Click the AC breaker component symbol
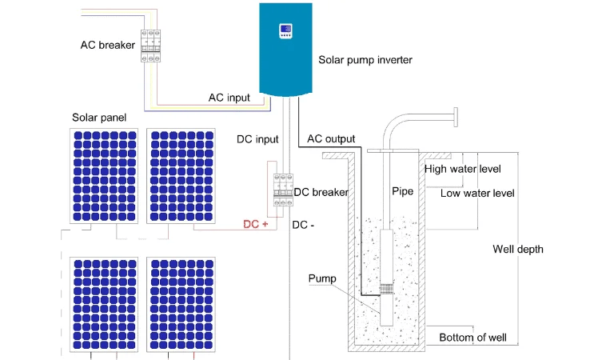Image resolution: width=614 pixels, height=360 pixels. tap(151, 46)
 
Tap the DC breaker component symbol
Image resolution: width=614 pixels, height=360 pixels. tap(283, 190)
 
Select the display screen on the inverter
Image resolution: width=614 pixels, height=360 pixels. tap(285, 30)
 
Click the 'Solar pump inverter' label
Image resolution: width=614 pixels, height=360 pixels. tap(365, 60)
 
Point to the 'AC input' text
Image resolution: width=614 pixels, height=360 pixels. tap(229, 98)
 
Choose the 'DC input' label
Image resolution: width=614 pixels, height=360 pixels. tap(257, 139)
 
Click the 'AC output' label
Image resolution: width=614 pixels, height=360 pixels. tap(331, 138)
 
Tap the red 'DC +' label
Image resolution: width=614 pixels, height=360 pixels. tap(256, 224)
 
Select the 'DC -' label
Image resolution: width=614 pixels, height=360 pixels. tap(303, 225)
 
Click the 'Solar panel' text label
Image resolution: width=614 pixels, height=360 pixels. tap(99, 118)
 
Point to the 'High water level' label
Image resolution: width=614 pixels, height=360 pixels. tap(462, 170)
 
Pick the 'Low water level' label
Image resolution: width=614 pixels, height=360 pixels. tap(477, 193)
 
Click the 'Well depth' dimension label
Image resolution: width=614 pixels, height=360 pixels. tap(518, 249)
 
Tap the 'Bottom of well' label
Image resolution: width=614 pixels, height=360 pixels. tap(472, 338)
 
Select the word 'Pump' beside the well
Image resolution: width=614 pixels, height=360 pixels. tap(322, 278)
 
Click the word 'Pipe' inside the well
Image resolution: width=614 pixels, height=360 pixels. tap(403, 191)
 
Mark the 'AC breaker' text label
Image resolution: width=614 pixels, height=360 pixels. tap(108, 45)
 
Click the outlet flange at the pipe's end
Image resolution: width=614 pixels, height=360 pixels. tap(456, 117)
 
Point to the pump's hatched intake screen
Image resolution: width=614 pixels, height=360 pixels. tap(386, 289)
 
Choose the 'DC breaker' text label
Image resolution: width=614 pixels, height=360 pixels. tap(321, 192)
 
